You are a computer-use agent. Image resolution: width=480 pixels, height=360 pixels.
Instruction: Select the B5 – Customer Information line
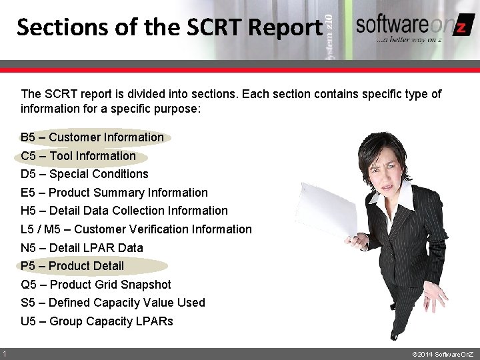click(x=92, y=137)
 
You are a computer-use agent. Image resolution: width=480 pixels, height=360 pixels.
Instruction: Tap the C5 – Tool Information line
click(x=78, y=156)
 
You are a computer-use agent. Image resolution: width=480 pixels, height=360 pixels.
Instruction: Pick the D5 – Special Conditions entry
click(x=85, y=174)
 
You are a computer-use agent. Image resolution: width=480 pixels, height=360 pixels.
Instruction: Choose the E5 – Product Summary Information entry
click(x=114, y=193)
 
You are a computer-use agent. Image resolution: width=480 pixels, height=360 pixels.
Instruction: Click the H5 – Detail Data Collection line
click(x=124, y=211)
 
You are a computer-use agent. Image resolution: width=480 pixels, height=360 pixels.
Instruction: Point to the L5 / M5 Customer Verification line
click(x=136, y=229)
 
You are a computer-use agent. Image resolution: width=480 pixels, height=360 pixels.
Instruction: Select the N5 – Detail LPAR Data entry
click(x=82, y=248)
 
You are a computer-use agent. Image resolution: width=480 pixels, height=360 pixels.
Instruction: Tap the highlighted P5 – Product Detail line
click(x=72, y=266)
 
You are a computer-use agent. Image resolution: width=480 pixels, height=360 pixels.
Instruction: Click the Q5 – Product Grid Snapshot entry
click(x=96, y=285)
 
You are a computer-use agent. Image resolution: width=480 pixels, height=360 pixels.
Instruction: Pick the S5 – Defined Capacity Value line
click(x=113, y=303)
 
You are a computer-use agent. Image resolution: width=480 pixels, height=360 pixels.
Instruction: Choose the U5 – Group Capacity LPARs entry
click(x=97, y=321)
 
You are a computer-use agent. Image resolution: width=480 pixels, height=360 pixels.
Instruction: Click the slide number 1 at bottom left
click(x=5, y=353)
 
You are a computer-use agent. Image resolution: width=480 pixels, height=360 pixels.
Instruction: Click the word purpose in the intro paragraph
click(x=177, y=108)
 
